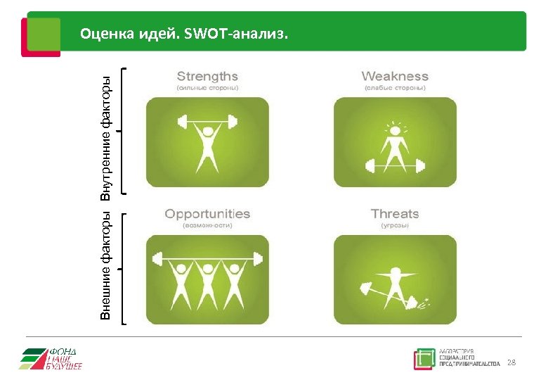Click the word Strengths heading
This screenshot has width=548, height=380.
pos(207,76)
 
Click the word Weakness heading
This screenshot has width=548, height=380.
pos(394,76)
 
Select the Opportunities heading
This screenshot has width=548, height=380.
pos(207,213)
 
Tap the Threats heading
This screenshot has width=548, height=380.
pos(394,213)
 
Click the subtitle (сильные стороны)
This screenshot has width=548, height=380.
pos(207,89)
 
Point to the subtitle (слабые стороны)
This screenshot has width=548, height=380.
pos(394,89)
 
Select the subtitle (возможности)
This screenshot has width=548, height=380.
pos(207,226)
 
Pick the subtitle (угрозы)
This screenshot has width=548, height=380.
pos(394,226)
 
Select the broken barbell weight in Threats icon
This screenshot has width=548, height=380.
pos(419,305)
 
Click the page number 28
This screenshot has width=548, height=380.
pos(511,362)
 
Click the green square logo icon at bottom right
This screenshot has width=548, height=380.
pos(424,359)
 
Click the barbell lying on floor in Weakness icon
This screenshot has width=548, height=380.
pos(394,167)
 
